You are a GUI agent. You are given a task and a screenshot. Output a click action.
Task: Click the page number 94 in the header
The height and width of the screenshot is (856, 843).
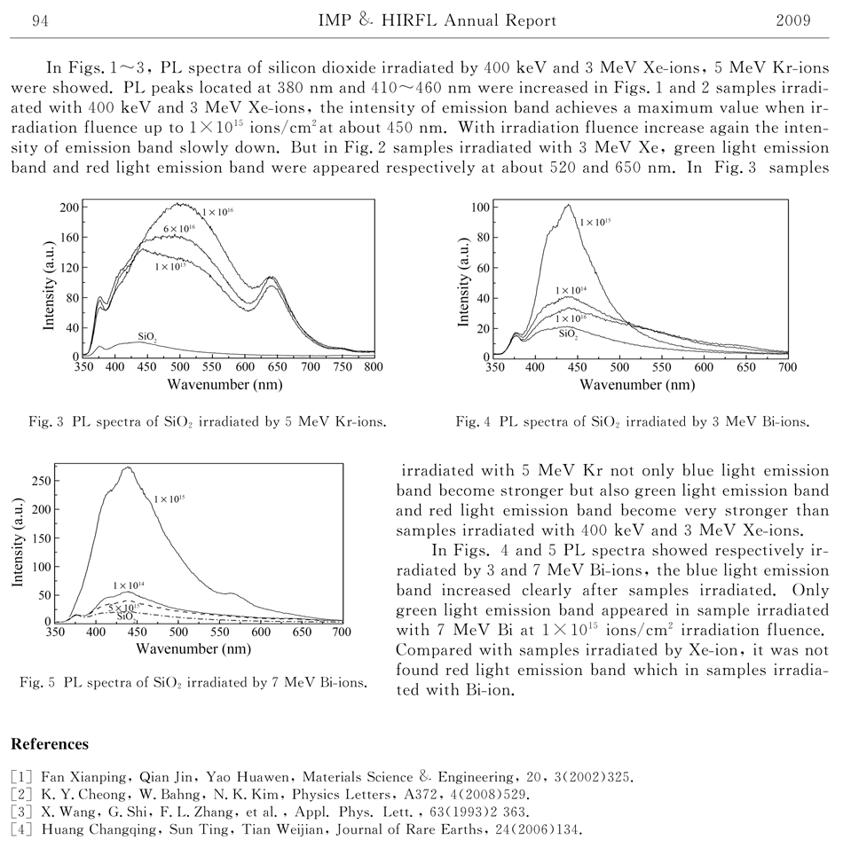[39, 20]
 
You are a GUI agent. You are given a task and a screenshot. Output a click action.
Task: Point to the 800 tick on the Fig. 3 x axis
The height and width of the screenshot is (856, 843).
[374, 365]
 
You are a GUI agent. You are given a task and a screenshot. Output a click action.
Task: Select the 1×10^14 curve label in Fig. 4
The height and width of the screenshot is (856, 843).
[571, 290]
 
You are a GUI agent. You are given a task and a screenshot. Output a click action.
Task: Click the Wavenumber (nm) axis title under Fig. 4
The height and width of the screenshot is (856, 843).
[637, 385]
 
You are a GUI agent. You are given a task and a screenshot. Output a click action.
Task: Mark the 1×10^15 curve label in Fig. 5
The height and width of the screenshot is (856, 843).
[169, 500]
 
